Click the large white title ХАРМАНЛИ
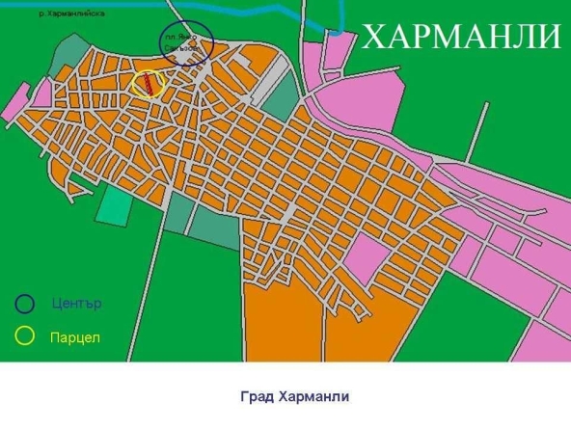(460, 37)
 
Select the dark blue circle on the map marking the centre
(183, 42)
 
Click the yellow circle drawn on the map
(150, 82)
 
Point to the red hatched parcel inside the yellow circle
(149, 84)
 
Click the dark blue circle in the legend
(25, 303)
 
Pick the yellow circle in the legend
(25, 335)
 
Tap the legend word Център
(76, 304)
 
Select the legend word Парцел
(75, 337)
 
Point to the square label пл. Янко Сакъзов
(182, 42)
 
